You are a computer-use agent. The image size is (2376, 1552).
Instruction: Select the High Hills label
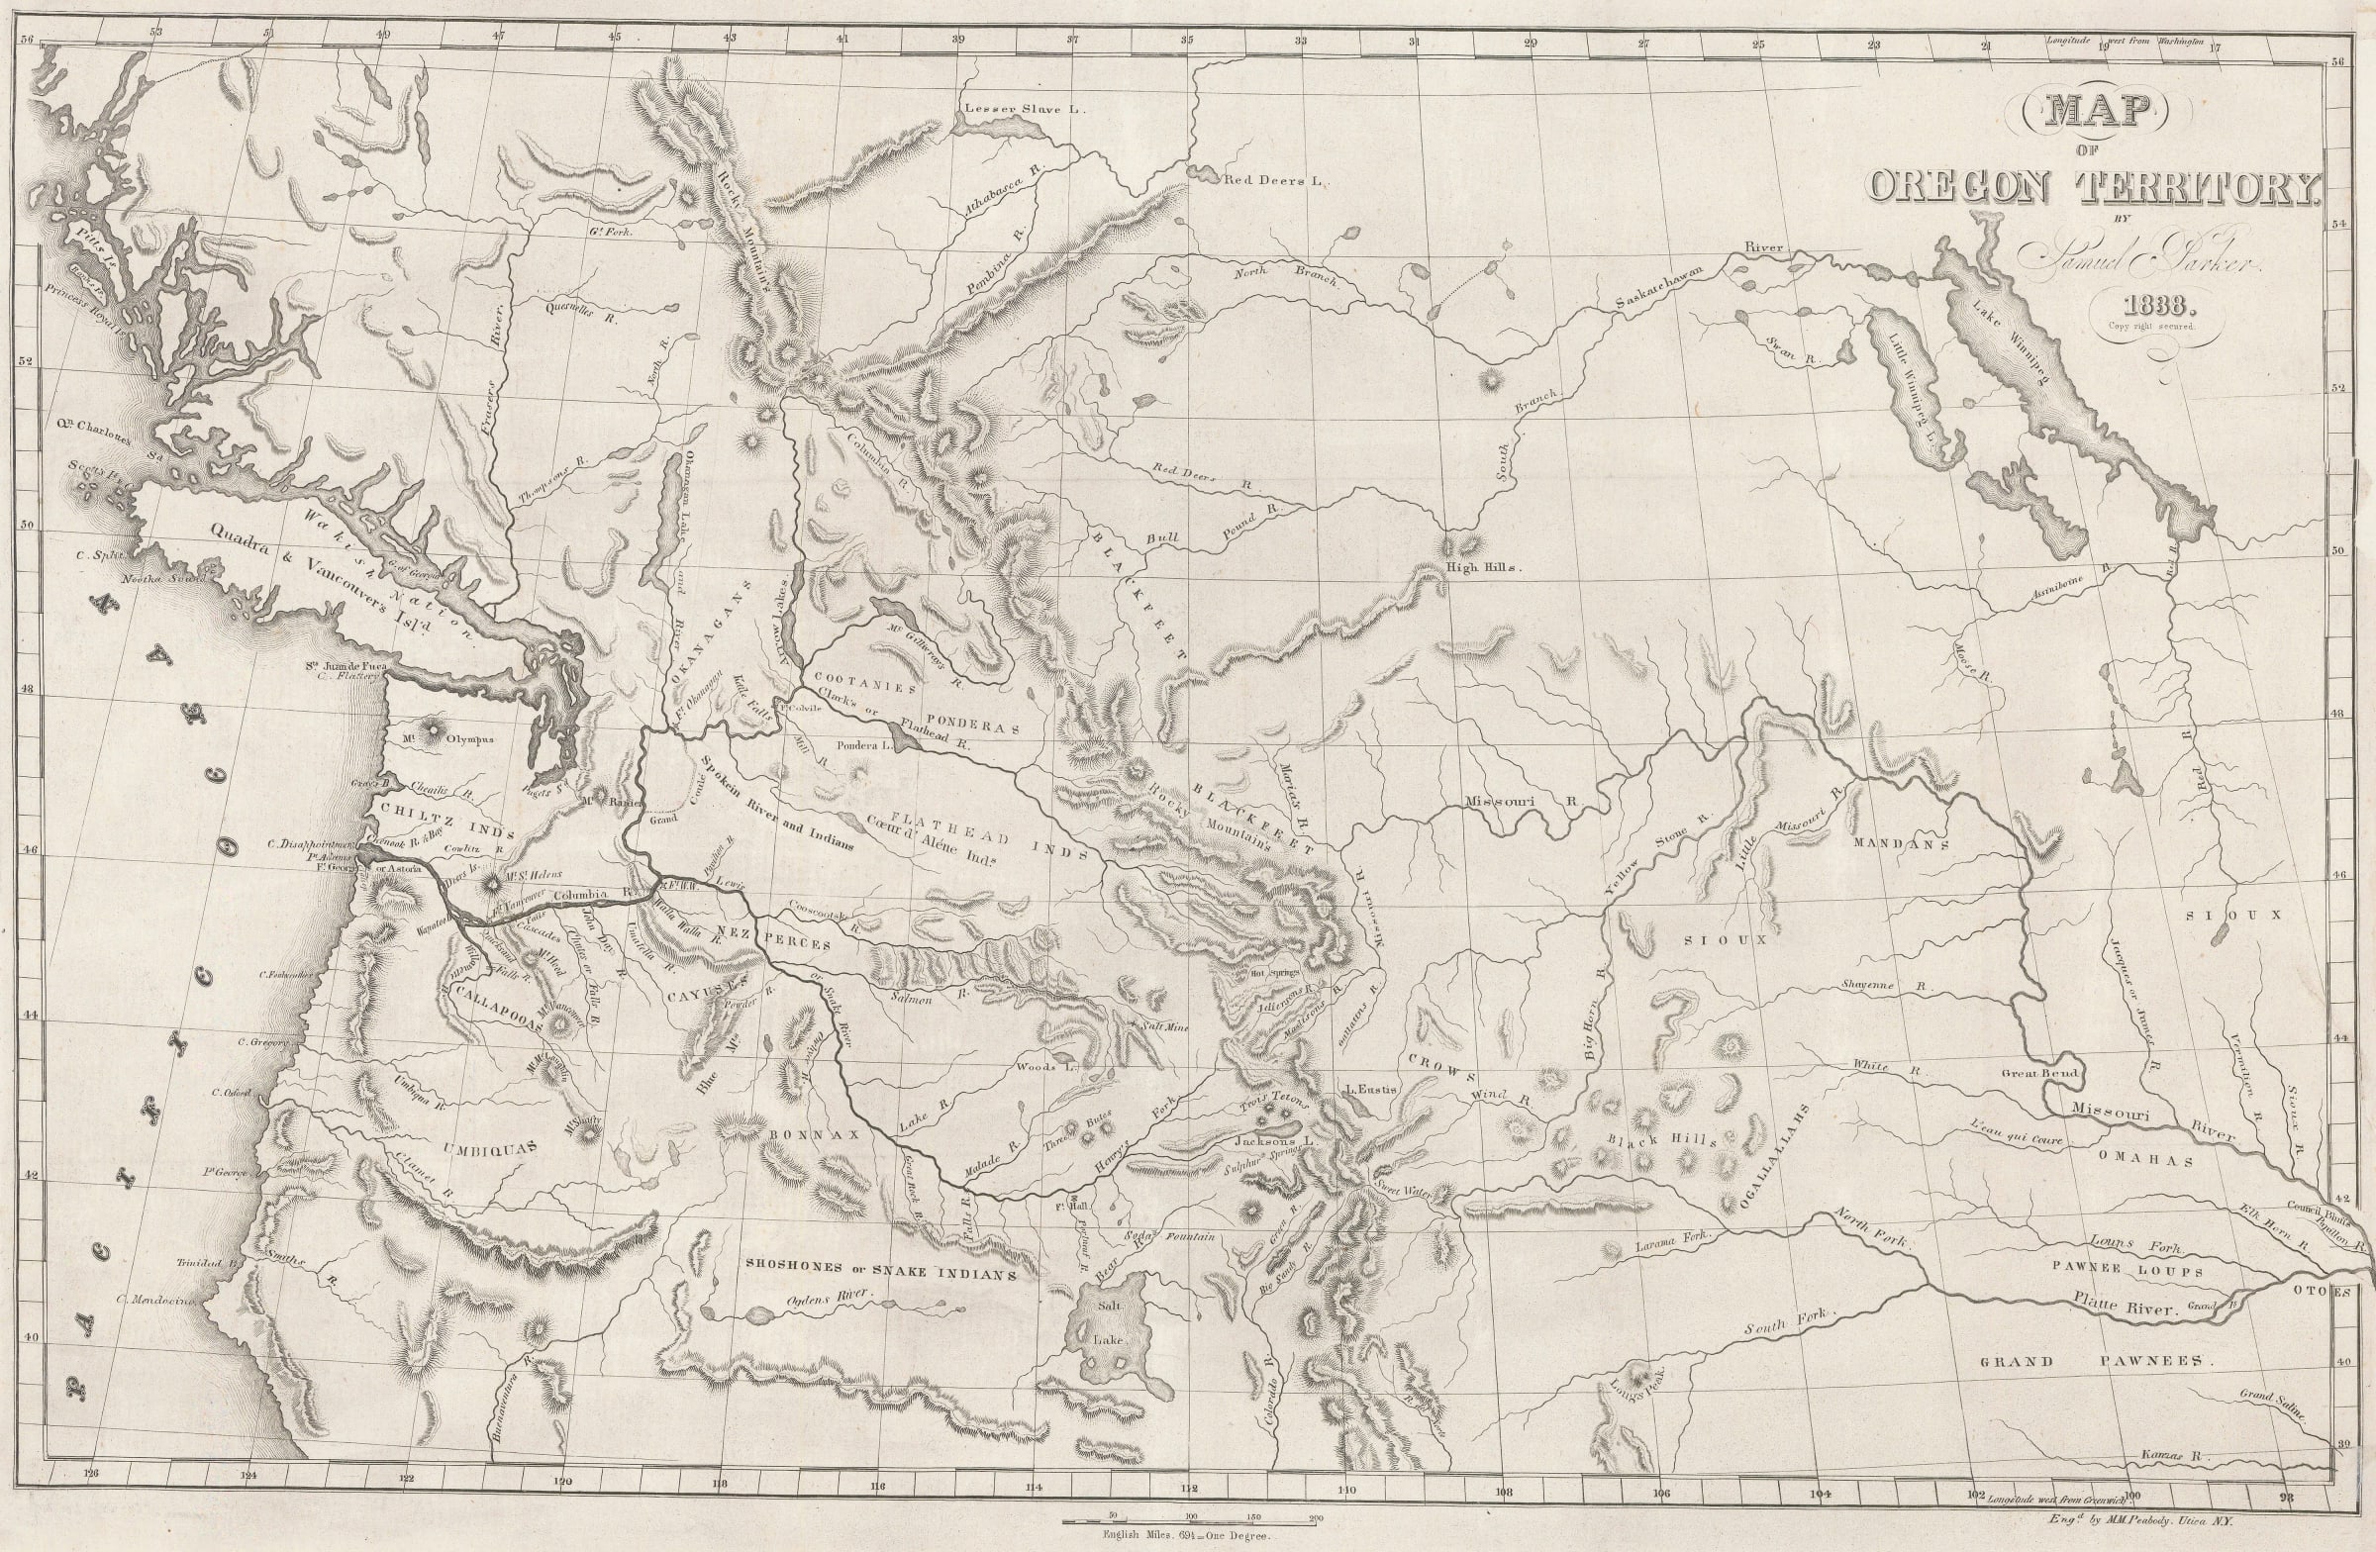(x=1481, y=567)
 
